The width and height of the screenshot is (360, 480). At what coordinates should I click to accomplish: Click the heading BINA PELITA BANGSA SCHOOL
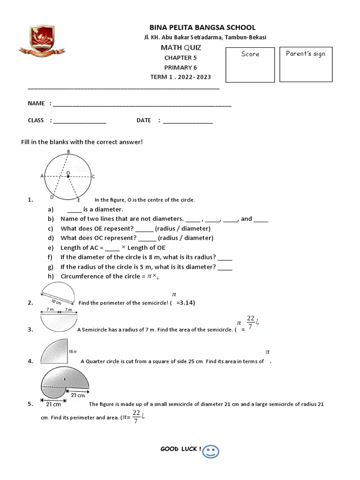coord(202,28)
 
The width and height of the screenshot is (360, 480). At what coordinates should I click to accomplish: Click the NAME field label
coord(37,103)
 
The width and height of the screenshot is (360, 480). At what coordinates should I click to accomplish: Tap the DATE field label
coord(144,120)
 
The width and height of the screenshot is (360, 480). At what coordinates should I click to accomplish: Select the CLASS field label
coord(36,120)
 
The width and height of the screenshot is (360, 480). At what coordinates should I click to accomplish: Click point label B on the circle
coord(68,151)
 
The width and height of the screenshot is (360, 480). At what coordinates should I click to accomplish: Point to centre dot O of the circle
coord(68,177)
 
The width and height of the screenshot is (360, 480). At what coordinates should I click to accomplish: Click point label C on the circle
coord(93,177)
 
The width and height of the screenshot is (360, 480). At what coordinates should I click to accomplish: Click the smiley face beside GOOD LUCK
coord(211,451)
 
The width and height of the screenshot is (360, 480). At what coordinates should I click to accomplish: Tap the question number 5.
coord(30,404)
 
